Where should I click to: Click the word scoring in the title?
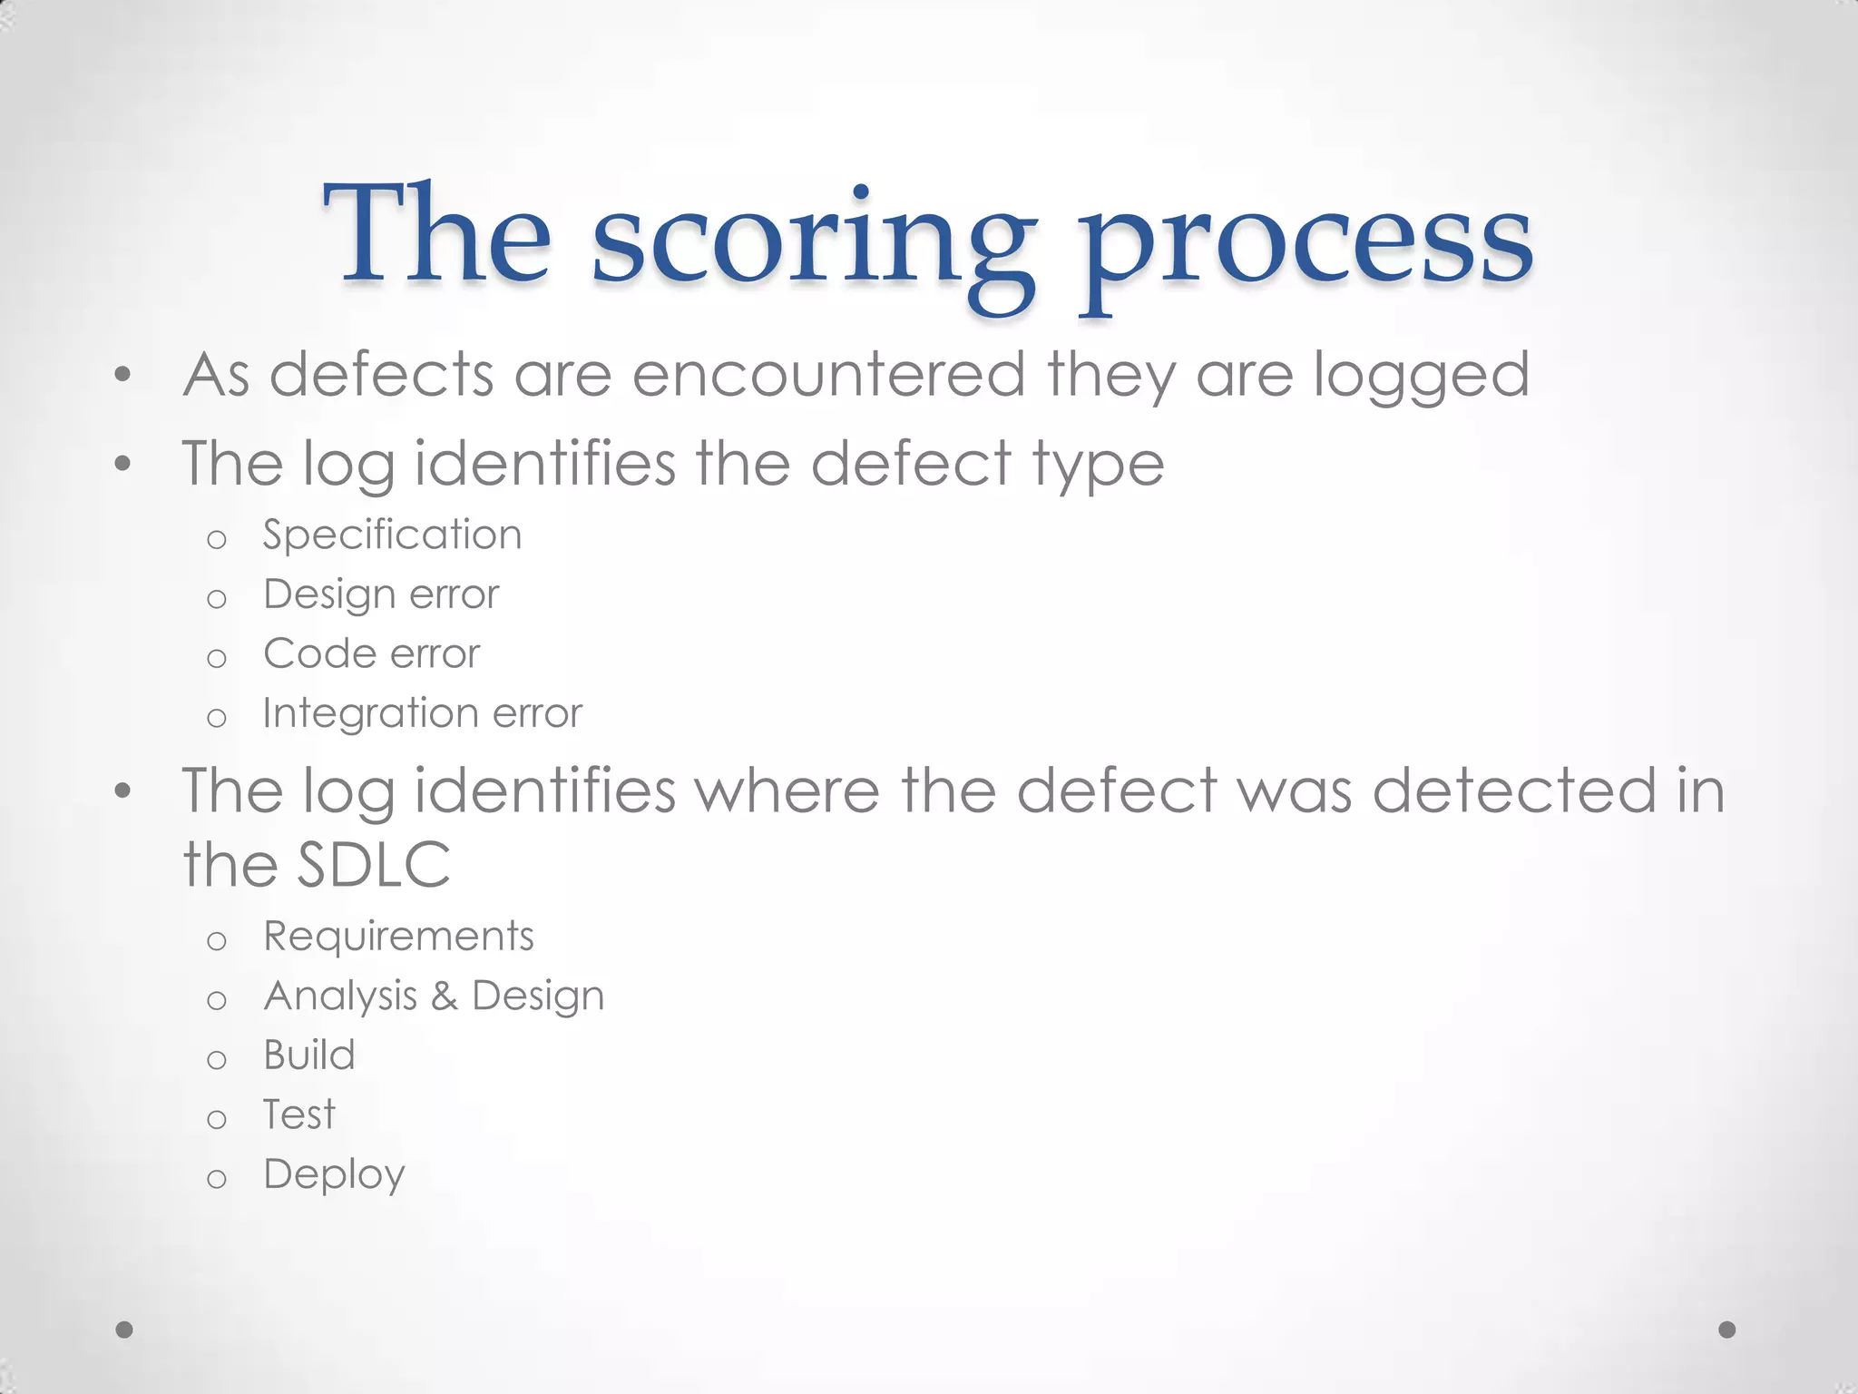click(814, 243)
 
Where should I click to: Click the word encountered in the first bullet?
click(828, 374)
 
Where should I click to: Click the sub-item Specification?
click(392, 535)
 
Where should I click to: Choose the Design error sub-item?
click(381, 594)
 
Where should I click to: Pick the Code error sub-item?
click(371, 653)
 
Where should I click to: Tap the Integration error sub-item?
click(422, 713)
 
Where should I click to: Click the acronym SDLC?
click(374, 864)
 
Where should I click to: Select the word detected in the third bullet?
click(1514, 790)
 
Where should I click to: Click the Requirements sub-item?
click(398, 936)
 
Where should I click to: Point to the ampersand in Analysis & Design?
click(444, 996)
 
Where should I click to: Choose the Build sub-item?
click(309, 1055)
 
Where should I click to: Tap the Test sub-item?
click(298, 1114)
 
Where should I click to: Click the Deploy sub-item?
click(334, 1174)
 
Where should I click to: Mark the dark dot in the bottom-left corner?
click(125, 1330)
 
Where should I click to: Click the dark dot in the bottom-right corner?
click(1727, 1330)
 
